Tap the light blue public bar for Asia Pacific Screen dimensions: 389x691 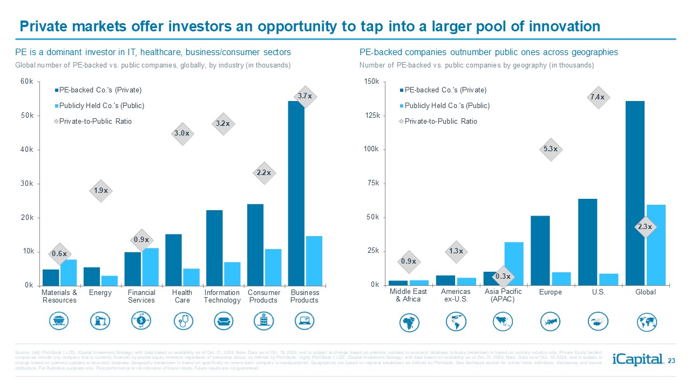tap(514, 263)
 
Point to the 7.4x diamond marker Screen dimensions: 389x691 tap(598, 97)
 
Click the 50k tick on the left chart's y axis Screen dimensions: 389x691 tap(26, 116)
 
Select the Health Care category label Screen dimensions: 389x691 tap(182, 296)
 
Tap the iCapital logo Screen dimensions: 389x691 tap(638, 359)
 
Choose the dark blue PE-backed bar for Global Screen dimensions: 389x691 tap(635, 193)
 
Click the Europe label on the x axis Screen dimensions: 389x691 tap(550, 292)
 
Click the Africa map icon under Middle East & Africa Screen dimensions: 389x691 tap(408, 322)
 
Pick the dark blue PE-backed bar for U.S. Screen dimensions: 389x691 tap(587, 242)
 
